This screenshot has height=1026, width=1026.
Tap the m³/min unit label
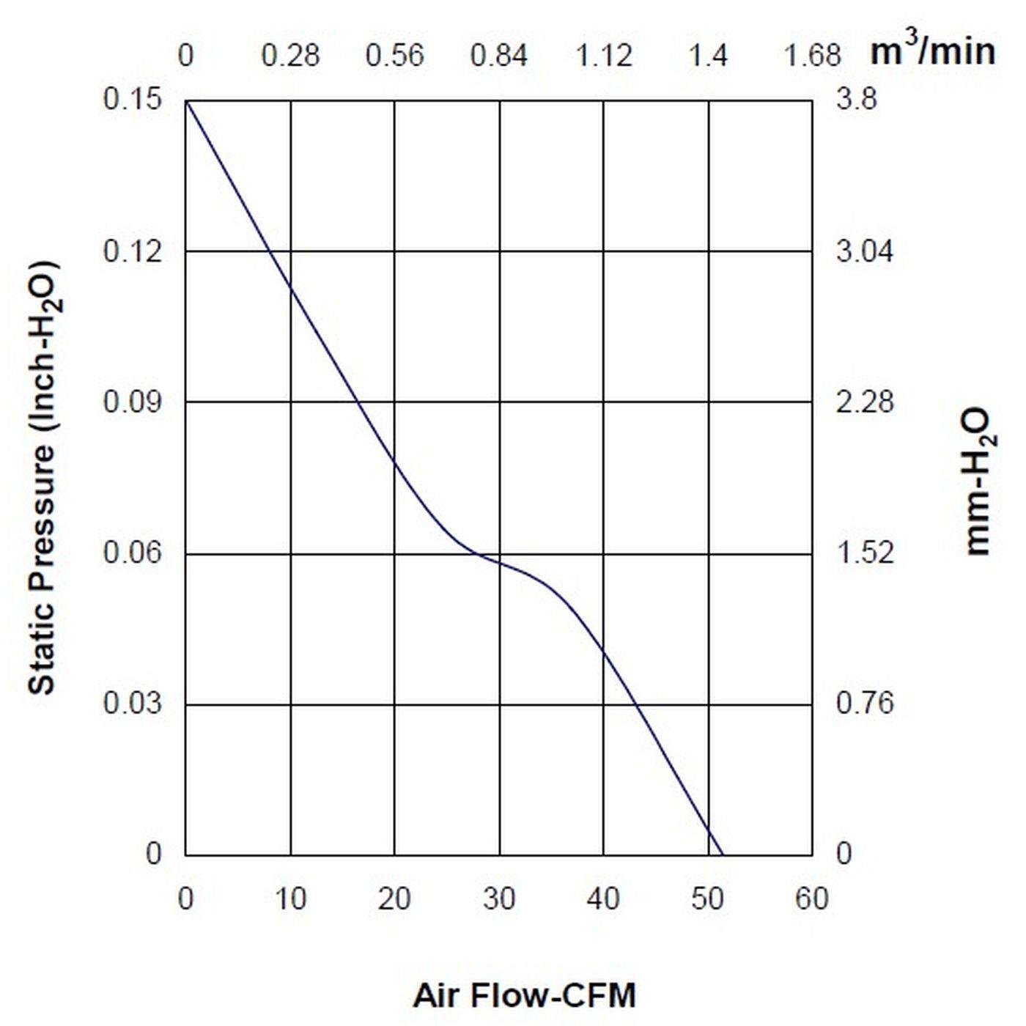(x=932, y=51)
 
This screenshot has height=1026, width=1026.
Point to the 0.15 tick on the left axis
(x=131, y=100)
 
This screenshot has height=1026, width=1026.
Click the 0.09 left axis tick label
(x=131, y=402)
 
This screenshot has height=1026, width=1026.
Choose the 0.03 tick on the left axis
(x=131, y=704)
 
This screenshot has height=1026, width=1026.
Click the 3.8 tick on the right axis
(x=856, y=100)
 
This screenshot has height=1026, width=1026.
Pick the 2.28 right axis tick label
(x=865, y=402)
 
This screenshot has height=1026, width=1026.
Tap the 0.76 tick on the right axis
(x=865, y=704)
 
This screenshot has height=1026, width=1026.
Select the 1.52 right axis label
(x=865, y=553)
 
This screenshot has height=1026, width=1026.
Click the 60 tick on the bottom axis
(x=812, y=899)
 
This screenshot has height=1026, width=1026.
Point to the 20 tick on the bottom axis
(x=394, y=899)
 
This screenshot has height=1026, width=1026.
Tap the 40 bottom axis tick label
(x=603, y=899)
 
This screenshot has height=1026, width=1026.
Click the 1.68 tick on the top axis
(x=813, y=56)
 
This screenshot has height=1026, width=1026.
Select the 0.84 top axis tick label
(x=499, y=56)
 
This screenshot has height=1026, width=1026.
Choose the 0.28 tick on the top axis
(x=291, y=56)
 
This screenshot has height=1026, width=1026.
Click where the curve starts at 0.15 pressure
(x=186, y=100)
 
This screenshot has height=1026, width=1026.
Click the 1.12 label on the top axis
(x=604, y=56)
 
